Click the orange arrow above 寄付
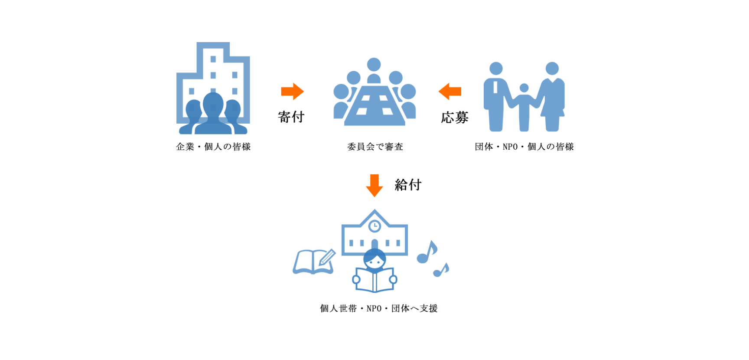point(293,92)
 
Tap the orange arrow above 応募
point(450,92)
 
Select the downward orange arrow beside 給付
point(374,186)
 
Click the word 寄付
point(291,117)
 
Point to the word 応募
point(455,117)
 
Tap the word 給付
point(408,185)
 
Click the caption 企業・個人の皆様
point(213,147)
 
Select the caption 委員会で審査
point(375,147)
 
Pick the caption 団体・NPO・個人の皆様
point(524,147)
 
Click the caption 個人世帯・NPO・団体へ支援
point(379,308)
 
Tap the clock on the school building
point(374,226)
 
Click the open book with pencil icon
point(314,262)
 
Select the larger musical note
point(427,252)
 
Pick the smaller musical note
point(441,270)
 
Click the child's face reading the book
point(374,259)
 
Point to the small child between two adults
point(524,107)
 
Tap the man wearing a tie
point(496,97)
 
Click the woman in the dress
point(551,97)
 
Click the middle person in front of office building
point(213,114)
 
